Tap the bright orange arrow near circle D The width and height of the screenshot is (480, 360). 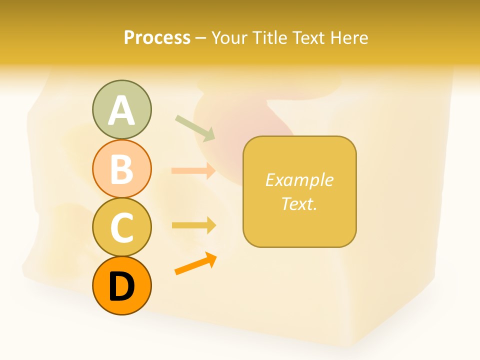pos(195,263)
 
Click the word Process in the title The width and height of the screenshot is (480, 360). pos(157,38)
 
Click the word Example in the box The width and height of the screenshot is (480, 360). pos(299,180)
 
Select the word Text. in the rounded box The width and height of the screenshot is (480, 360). pos(299,203)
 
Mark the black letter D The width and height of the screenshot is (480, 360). pos(121,286)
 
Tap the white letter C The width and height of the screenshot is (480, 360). pos(121,227)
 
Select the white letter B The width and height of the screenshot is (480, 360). pos(121,169)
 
